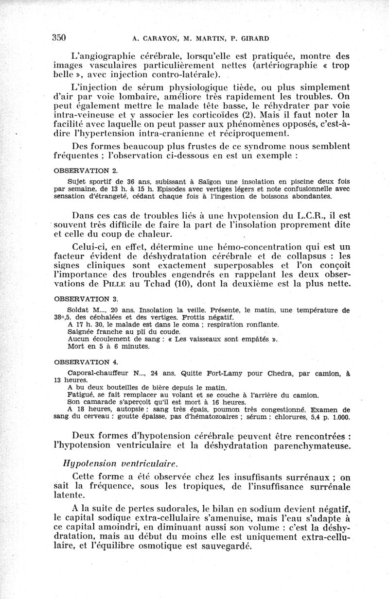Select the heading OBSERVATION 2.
(86, 171)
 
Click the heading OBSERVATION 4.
(86, 362)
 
